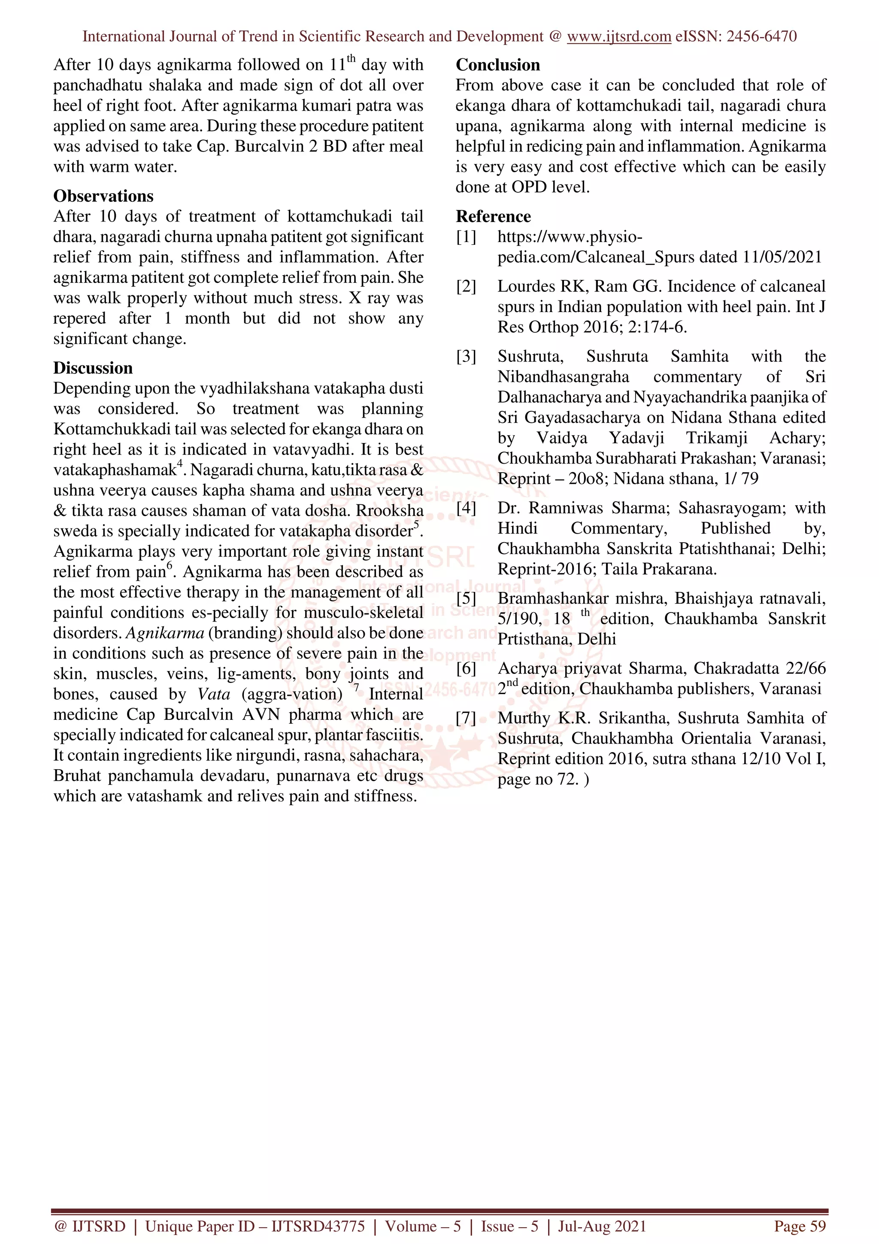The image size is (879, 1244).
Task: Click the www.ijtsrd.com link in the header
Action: click(x=618, y=36)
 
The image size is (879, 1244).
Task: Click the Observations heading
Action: click(x=103, y=196)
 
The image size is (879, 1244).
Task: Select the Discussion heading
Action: click(x=93, y=368)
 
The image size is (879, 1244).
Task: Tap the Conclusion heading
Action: click(x=498, y=65)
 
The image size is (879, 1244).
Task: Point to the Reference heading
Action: click(x=493, y=217)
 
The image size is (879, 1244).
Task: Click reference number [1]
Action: click(x=466, y=237)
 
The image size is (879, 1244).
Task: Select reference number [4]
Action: click(x=466, y=508)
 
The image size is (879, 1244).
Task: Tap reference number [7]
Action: click(x=466, y=719)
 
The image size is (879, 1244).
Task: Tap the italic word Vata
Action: click(x=213, y=695)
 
